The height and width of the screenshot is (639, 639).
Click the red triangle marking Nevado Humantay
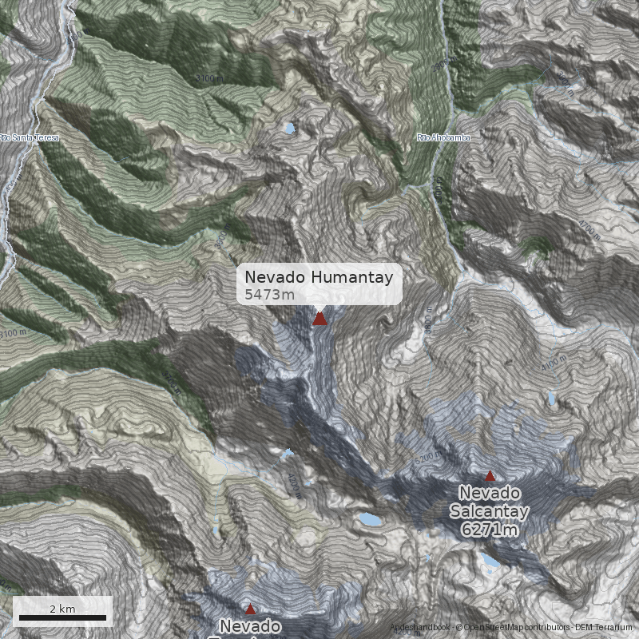(319, 319)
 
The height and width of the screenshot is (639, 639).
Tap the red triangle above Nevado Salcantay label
(490, 475)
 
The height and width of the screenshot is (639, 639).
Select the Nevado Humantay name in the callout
(319, 277)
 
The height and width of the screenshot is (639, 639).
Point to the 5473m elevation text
(269, 295)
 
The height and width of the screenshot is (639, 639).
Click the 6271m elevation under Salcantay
(490, 529)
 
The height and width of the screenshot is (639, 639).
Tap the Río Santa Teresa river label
(30, 137)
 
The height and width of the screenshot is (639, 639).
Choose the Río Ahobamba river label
(443, 137)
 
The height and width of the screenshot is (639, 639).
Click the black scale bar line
(62, 617)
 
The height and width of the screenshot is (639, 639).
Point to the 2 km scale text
(62, 609)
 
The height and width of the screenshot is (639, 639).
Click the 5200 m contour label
(427, 458)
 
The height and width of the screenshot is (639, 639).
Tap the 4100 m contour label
(553, 364)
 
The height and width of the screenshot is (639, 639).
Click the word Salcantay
(490, 510)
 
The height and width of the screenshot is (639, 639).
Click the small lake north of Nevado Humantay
(288, 128)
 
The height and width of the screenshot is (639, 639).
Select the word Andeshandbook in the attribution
(420, 627)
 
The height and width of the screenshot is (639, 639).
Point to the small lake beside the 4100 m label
(552, 399)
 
